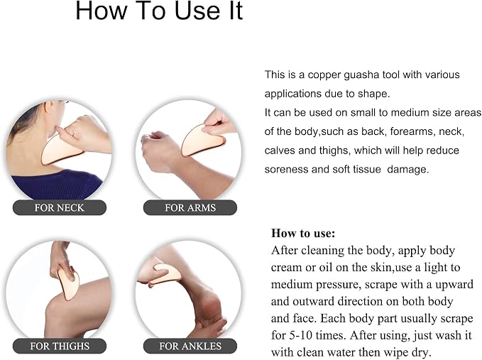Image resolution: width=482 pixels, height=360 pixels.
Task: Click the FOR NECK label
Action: pos(60,207)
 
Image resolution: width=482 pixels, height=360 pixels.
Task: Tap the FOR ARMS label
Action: pos(190,207)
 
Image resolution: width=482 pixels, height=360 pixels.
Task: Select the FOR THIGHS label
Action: pos(60,346)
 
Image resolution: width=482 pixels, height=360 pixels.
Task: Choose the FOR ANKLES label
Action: pos(190,346)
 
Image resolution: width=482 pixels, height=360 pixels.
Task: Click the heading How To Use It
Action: pos(159,11)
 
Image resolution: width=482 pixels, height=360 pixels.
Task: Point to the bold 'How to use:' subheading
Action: pos(303,233)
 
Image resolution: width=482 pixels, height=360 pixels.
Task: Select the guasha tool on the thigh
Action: pos(68,283)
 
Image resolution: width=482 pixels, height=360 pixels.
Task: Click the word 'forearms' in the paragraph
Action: pos(412,131)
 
